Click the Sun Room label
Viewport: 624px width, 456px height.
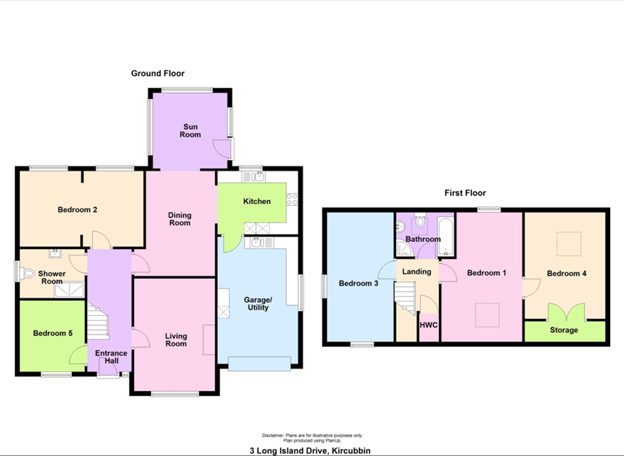190,131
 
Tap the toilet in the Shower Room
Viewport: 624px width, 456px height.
27,274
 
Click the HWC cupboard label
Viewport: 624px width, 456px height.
429,325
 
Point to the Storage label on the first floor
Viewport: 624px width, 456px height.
564,330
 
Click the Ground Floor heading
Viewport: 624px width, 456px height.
158,73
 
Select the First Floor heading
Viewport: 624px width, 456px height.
465,193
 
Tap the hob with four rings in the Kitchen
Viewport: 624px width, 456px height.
292,199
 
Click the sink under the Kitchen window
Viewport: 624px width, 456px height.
254,177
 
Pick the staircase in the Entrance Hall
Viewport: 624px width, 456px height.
98,321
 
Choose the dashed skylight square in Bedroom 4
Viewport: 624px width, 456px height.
569,244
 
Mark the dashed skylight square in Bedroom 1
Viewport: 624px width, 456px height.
487,315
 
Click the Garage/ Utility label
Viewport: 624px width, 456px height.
258,303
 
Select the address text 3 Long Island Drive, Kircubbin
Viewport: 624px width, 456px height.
310,451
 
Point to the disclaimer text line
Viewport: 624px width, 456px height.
312,435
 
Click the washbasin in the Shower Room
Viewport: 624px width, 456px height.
55,254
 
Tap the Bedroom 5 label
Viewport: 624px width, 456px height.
53,333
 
